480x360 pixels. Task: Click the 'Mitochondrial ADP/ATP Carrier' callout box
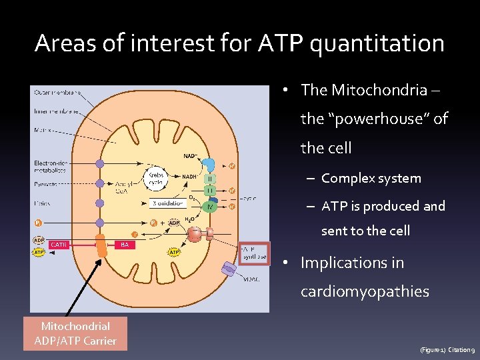tap(75, 333)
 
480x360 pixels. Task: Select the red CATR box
tap(59, 245)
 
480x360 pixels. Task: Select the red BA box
tap(124, 245)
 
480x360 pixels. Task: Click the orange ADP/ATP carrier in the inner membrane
tap(101, 245)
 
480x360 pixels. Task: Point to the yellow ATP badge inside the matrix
tap(175, 252)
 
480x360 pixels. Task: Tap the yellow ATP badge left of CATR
tap(39, 252)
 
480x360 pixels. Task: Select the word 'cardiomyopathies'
tap(365, 291)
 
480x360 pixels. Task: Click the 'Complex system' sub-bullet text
tap(371, 178)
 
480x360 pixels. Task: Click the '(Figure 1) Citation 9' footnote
tap(447, 349)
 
